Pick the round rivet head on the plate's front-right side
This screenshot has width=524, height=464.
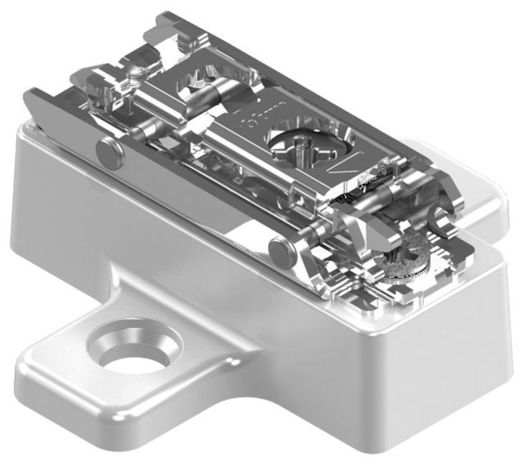[280, 247]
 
